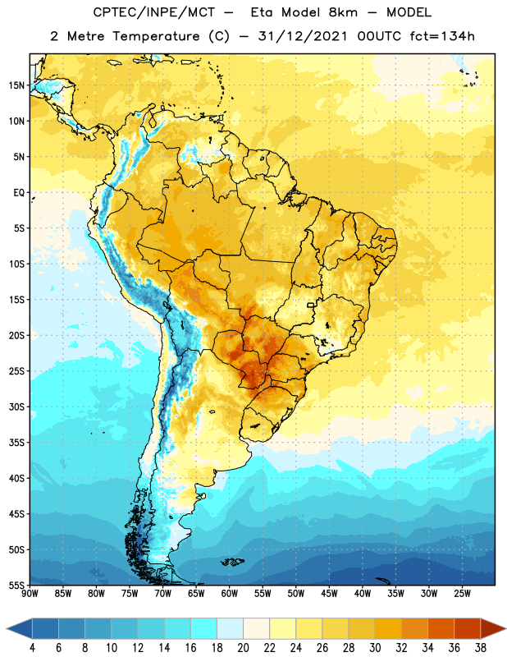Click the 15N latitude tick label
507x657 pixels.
(16, 85)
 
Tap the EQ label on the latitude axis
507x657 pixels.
(19, 193)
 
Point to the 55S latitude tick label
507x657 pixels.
(16, 585)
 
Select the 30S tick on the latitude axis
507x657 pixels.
(16, 407)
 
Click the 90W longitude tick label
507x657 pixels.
(30, 594)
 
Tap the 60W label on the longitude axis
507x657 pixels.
(230, 594)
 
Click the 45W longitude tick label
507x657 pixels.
(329, 594)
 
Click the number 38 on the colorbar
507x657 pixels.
(480, 648)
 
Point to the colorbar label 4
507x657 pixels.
(32, 648)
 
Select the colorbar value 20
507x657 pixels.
(243, 648)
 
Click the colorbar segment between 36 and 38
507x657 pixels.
(468, 630)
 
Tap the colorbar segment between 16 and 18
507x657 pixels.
(203, 630)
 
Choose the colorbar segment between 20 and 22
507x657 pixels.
(256, 630)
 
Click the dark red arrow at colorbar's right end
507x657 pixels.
(493, 630)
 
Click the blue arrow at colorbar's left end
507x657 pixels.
(20, 630)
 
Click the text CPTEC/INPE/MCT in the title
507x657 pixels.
(153, 12)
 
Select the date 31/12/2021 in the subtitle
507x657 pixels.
(303, 36)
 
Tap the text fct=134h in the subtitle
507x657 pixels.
(442, 36)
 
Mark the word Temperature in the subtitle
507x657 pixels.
(156, 37)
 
